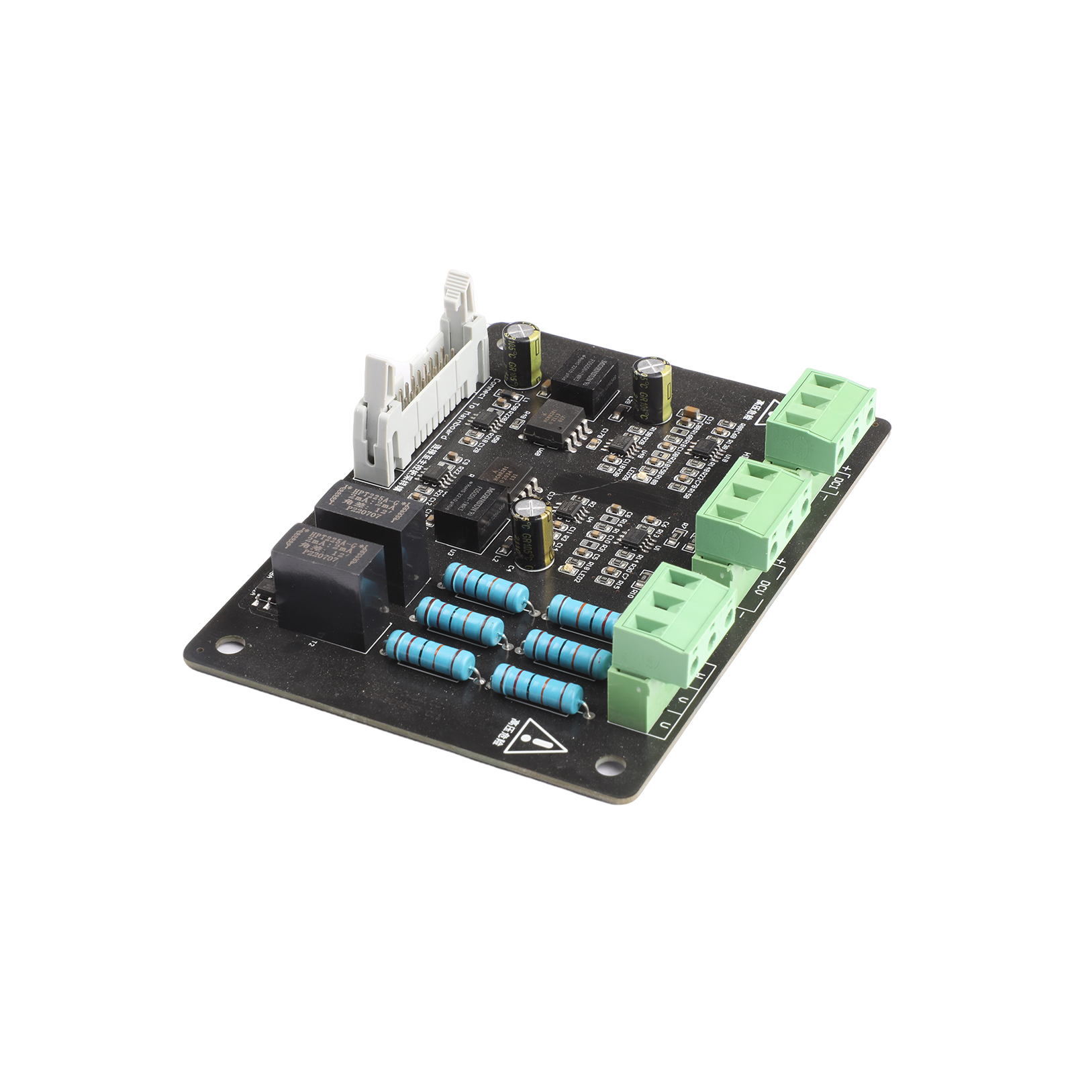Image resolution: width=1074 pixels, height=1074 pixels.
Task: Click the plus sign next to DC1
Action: point(847,469)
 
